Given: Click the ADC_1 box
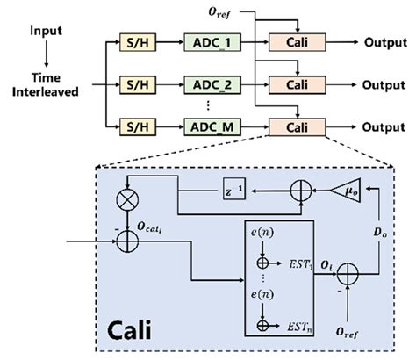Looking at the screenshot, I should [211, 42].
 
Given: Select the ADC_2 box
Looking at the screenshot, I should [211, 84].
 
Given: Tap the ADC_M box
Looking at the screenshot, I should [211, 126].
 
